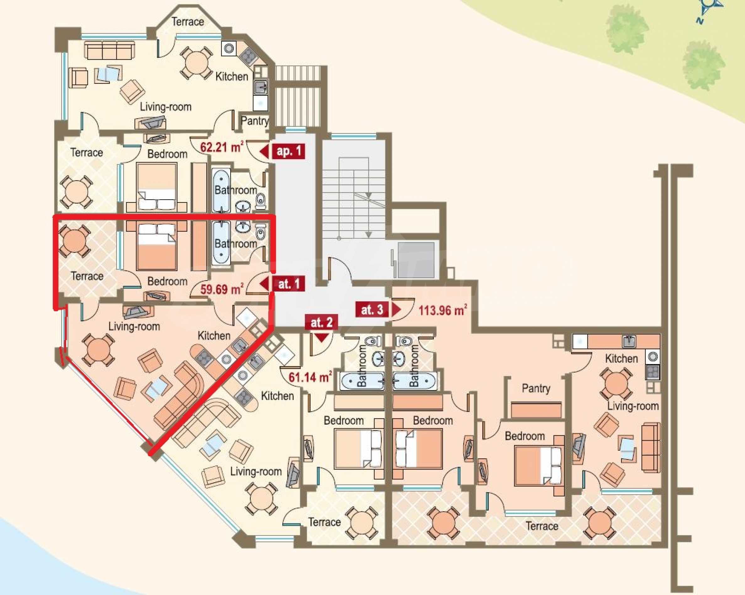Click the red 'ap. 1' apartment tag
282,151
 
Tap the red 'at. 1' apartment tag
282,284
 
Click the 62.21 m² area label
222,147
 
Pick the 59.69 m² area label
222,289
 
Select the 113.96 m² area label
443,310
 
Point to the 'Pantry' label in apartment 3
536,389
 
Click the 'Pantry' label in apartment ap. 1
255,121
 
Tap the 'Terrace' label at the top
188,22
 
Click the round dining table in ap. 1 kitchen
196,62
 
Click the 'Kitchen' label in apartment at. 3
621,358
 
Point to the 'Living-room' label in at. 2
256,471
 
